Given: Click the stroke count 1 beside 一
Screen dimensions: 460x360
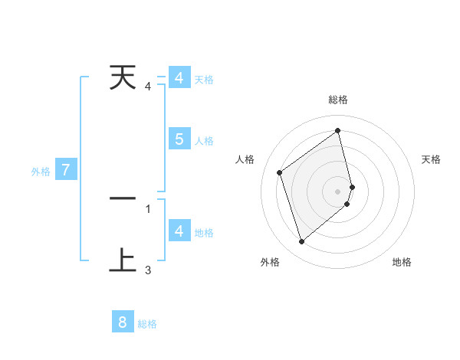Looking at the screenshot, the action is tap(148, 208).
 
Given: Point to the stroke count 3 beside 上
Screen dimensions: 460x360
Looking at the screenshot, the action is tap(148, 270).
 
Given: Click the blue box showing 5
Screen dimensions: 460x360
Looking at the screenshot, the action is tap(179, 139).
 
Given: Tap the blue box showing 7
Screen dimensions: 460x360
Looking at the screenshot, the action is tap(66, 170).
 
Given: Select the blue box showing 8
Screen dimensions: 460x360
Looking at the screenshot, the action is tap(123, 322).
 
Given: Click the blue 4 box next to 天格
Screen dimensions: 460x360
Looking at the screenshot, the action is tap(179, 78).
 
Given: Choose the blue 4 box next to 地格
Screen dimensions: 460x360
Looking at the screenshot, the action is tap(179, 231).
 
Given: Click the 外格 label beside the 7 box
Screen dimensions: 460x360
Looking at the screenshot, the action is tap(41, 172).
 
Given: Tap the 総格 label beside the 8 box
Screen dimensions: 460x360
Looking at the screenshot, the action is tap(147, 324).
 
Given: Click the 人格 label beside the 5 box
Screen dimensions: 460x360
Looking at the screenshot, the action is tap(204, 141).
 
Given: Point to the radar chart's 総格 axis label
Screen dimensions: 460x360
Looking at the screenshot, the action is tap(338, 100).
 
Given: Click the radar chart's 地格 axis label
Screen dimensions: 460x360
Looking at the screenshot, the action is tap(402, 263).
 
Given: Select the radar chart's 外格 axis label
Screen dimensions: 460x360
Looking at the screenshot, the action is tap(270, 263).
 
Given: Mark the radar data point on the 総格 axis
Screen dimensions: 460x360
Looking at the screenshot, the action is tap(338, 130).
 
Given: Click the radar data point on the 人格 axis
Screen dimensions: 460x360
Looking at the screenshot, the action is tap(280, 172).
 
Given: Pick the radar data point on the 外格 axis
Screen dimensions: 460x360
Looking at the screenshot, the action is tap(301, 242).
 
